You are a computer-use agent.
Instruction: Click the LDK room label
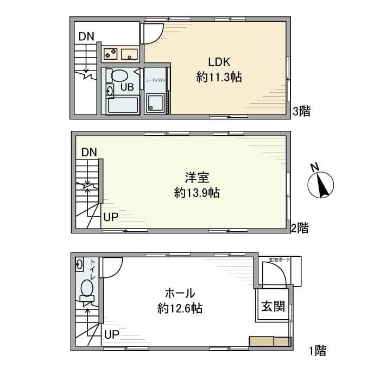(218, 61)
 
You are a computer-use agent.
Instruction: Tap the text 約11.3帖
(218, 78)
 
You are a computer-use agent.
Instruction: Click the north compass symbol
(320, 184)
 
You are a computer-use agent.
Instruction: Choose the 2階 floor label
(299, 228)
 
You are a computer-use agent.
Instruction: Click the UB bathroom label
(126, 86)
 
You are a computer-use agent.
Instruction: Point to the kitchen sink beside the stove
(129, 54)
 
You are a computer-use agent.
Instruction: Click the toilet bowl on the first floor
(86, 288)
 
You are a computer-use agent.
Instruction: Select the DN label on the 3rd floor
(86, 37)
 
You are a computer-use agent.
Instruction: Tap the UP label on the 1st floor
(111, 334)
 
